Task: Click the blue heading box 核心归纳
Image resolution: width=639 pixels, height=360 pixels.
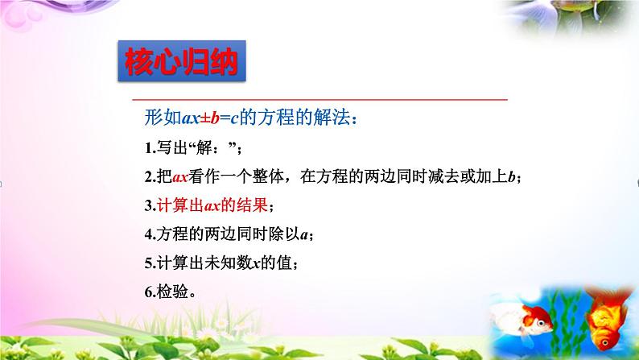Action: [180, 61]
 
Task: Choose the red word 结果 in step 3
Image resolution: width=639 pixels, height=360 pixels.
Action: [258, 205]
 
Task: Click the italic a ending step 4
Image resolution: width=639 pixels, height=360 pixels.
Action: [303, 234]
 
